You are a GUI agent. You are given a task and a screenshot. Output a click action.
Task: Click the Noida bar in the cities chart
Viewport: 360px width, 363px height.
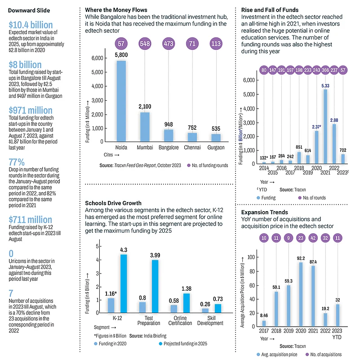[x=121, y=101]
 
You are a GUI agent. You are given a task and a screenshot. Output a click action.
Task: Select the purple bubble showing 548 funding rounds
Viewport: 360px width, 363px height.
[x=145, y=44]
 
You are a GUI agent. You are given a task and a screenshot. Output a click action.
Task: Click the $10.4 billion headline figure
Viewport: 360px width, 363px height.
[x=31, y=25]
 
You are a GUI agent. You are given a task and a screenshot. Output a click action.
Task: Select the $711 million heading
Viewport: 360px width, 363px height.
[x=31, y=220]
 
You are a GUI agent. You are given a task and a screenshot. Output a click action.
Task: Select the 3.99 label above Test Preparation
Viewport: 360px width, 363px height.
[x=155, y=255]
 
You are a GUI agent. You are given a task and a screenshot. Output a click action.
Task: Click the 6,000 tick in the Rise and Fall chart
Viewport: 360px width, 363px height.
[x=249, y=80]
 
